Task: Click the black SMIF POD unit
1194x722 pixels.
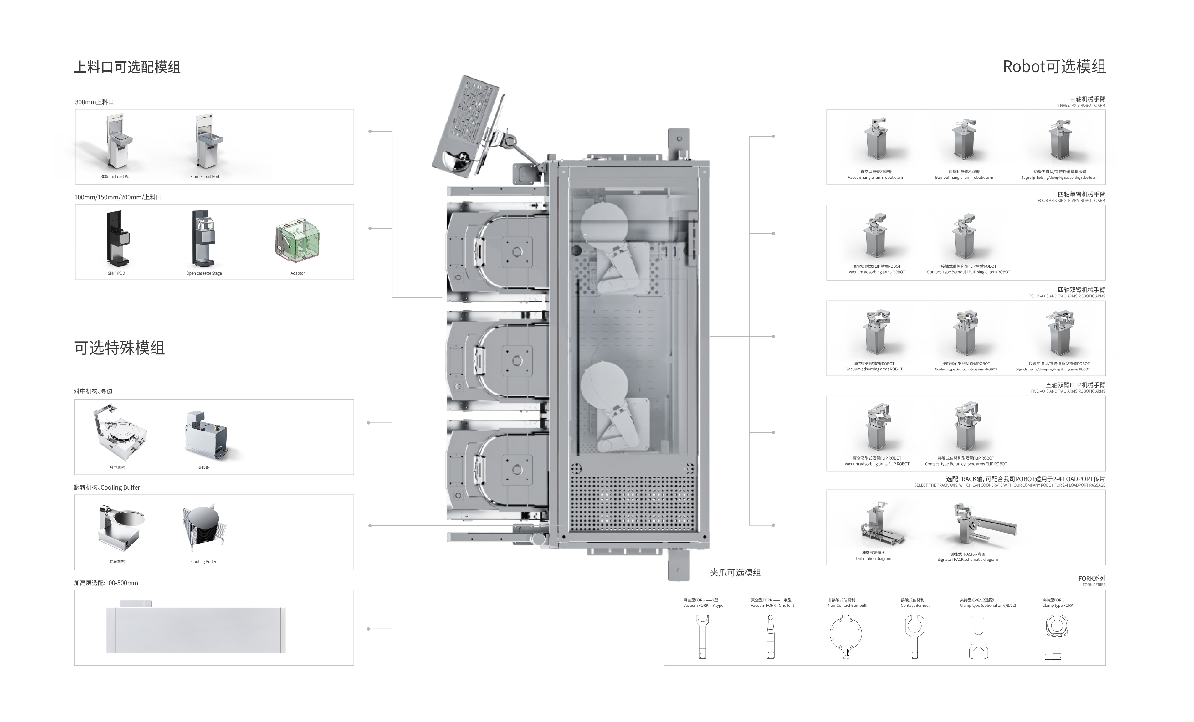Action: point(118,238)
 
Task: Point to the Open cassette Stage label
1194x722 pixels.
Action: point(204,273)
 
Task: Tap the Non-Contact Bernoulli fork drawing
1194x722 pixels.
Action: point(846,636)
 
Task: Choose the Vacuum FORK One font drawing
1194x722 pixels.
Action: point(771,636)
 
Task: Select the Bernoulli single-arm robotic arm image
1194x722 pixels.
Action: point(964,141)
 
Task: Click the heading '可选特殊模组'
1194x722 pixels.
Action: point(119,348)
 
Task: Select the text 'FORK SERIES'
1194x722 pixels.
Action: point(1094,585)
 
